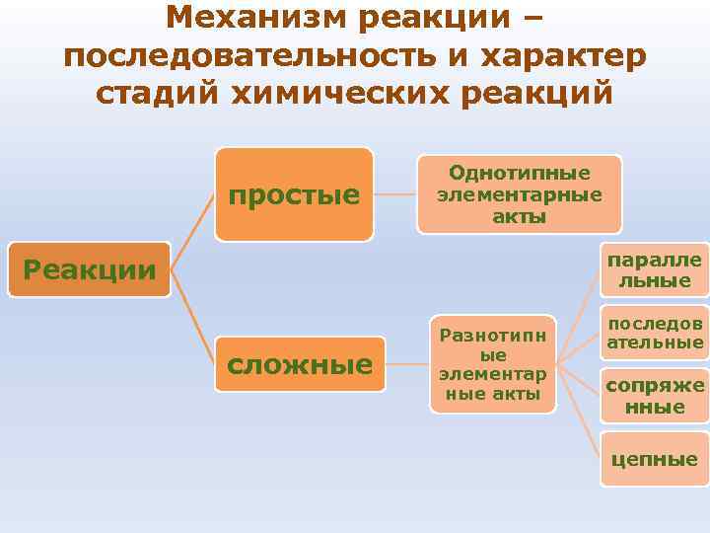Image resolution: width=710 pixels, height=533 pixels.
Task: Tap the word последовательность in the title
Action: (246, 55)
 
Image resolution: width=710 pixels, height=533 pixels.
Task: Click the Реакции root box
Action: (89, 269)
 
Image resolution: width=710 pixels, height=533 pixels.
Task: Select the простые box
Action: (294, 194)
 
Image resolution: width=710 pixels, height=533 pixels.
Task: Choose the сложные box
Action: (300, 364)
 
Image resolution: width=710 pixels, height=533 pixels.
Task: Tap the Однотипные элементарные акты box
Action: (519, 193)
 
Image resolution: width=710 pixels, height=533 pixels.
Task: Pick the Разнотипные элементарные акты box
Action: (493, 364)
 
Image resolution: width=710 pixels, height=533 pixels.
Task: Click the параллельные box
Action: (655, 269)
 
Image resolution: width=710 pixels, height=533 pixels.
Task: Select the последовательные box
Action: (655, 335)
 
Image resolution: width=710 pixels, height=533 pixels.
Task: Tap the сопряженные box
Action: (655, 395)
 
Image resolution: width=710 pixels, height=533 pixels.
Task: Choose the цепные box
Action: (655, 458)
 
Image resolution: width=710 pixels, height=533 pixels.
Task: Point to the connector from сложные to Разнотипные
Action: (407, 364)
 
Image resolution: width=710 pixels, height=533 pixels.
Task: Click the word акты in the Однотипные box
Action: (519, 216)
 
